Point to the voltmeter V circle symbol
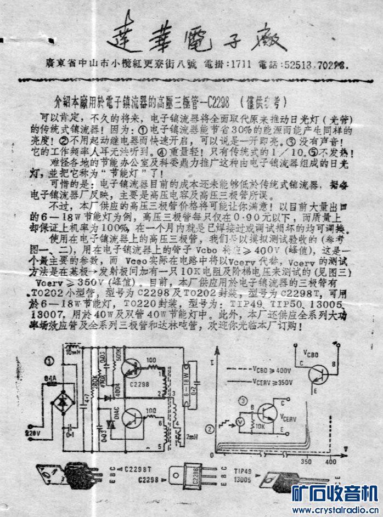pos(239,422)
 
